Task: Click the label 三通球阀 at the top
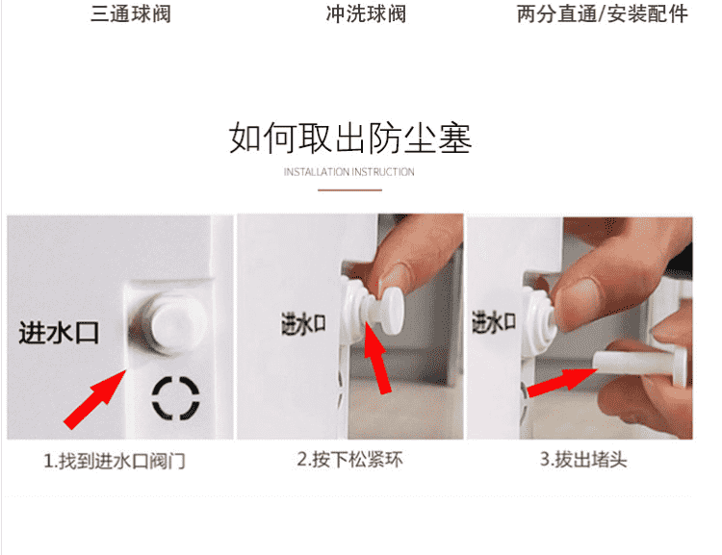pos(131,13)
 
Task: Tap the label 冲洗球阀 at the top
pos(366,13)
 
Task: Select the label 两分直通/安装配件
pos(603,13)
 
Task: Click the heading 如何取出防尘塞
pos(350,139)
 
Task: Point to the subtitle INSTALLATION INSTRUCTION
pos(349,172)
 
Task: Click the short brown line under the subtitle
pos(349,189)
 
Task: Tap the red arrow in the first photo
pos(94,398)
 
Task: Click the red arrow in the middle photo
pos(377,358)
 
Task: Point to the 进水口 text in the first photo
pos(59,332)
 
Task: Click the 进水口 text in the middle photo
pos(303,323)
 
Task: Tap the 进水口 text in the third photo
pos(493,322)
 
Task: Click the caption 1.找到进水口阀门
pos(115,461)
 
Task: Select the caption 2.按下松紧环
pos(350,459)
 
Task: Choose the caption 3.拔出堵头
pos(583,459)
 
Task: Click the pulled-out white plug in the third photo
pos(640,364)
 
